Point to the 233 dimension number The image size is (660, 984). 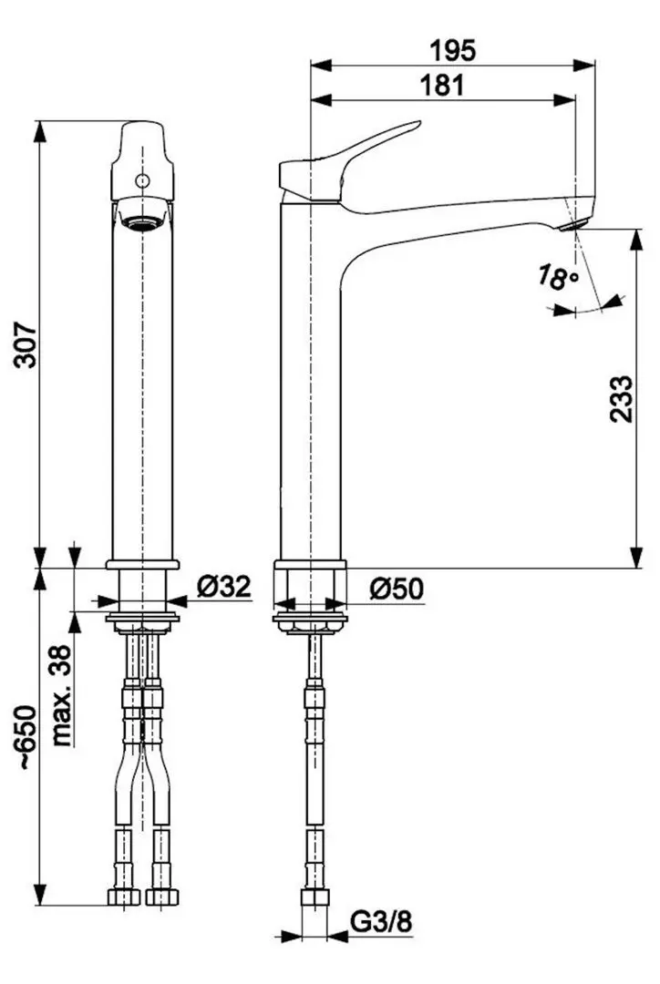point(619,398)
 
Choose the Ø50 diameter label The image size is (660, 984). point(397,589)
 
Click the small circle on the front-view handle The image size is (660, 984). point(141,181)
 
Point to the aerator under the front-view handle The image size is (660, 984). point(141,219)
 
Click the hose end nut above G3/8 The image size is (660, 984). point(315,899)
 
